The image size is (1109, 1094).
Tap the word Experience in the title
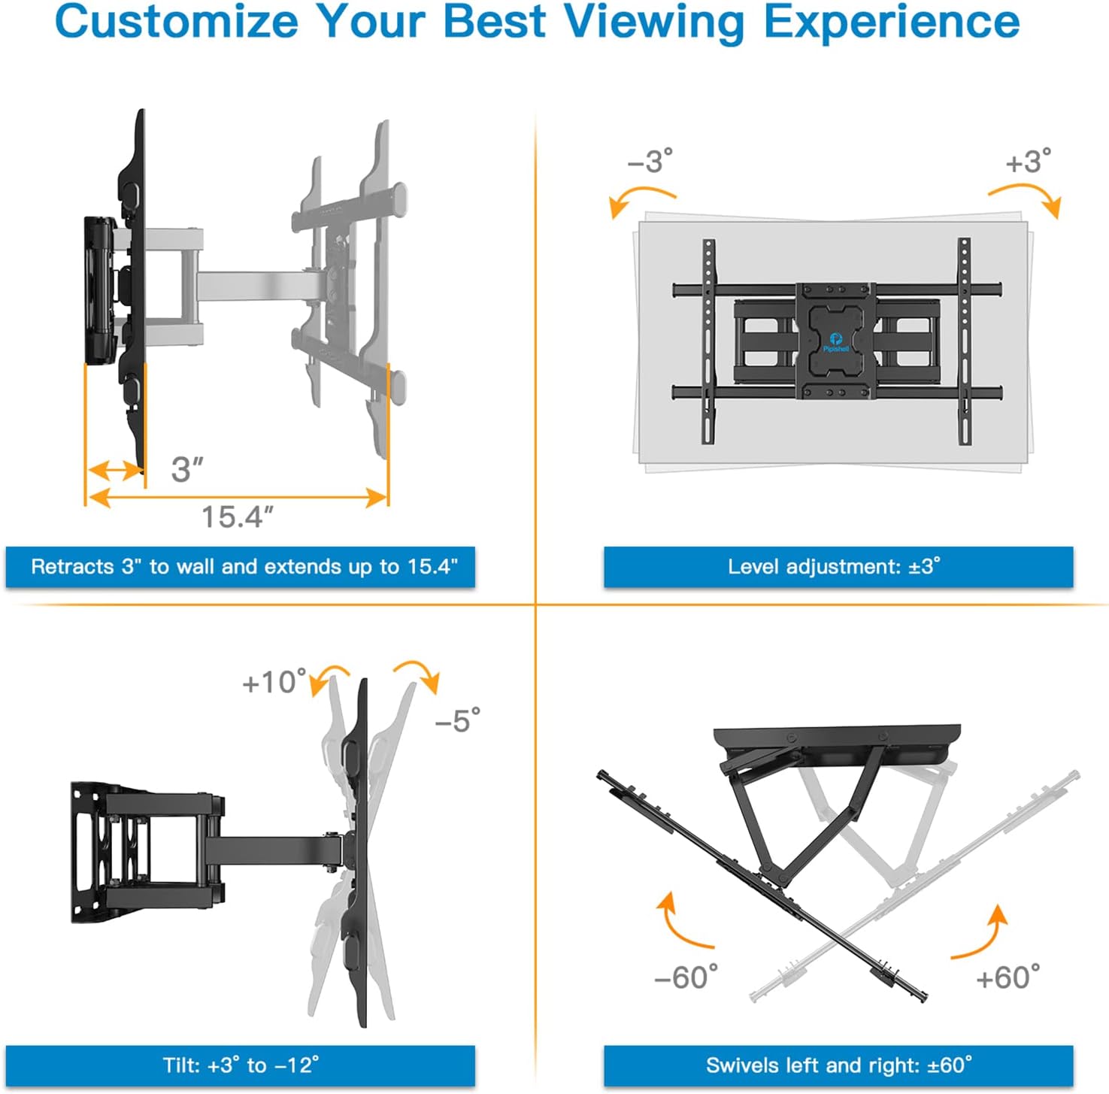(x=892, y=23)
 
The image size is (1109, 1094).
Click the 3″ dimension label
(x=187, y=470)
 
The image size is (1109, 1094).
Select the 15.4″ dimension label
(x=237, y=517)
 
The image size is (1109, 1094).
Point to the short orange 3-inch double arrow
(x=115, y=471)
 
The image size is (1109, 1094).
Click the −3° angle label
(x=650, y=162)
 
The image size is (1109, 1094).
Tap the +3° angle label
(x=1028, y=162)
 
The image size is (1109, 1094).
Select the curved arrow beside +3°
(x=1027, y=198)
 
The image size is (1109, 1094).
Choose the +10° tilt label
(x=274, y=683)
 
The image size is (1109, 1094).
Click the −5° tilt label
(x=457, y=721)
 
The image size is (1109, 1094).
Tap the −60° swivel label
(x=686, y=977)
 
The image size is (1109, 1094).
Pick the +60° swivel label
(x=1007, y=977)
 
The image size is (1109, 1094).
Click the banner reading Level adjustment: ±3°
(x=838, y=567)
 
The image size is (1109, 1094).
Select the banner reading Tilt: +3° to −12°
(x=241, y=1065)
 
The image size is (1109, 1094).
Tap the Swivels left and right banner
(x=838, y=1065)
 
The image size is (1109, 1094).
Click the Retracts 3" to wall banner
(x=241, y=567)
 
